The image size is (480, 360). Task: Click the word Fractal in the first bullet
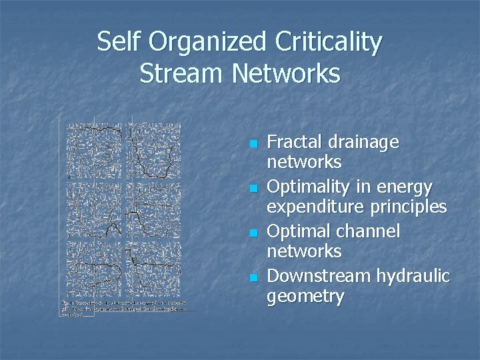tap(296, 142)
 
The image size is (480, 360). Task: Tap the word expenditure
tap(313, 207)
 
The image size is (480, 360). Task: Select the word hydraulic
tap(413, 276)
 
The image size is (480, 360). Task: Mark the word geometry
tap(305, 296)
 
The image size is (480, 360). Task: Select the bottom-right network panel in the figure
tap(157, 271)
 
